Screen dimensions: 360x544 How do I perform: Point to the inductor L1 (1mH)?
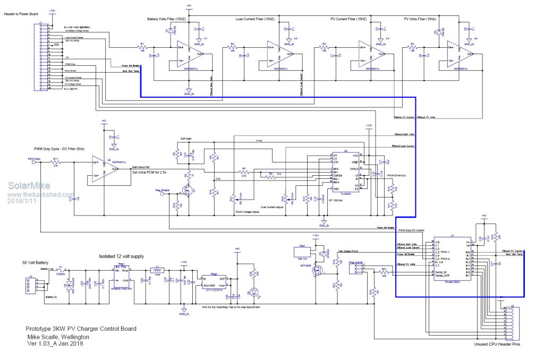pos(157,270)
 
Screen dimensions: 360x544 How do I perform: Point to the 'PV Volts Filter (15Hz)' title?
pos(420,19)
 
